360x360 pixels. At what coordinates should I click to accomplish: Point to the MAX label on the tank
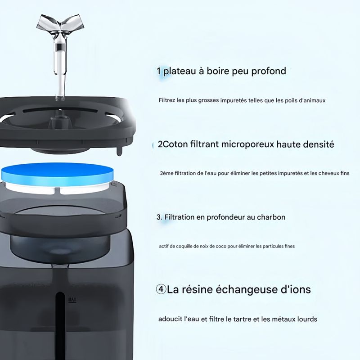coord(72,300)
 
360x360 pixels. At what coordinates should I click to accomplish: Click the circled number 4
coord(161,289)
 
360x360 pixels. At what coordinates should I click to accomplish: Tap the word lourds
coord(307,319)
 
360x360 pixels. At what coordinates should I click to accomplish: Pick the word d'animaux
coord(312,100)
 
